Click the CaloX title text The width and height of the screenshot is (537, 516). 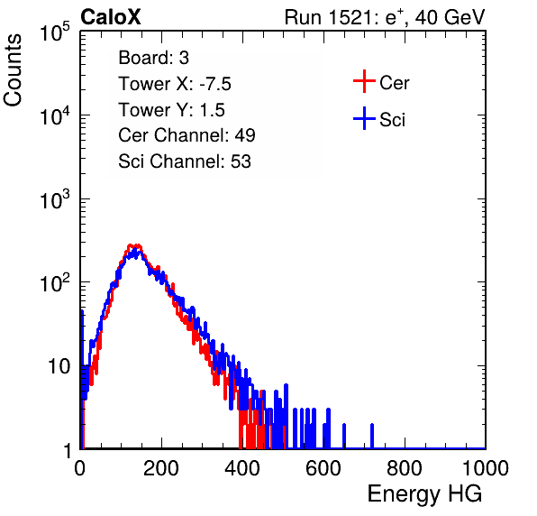coord(110,17)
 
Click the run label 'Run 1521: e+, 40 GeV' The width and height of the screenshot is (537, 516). coord(385,17)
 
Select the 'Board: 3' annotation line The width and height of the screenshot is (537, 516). coord(153,58)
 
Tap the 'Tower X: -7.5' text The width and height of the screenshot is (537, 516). coord(175,84)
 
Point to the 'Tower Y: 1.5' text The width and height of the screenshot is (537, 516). coord(171,110)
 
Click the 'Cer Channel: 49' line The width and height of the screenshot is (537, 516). coord(187,135)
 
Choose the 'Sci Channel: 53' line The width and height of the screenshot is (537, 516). coord(185,161)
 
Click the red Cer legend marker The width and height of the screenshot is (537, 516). coord(364,81)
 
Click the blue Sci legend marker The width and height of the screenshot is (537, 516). coord(364,118)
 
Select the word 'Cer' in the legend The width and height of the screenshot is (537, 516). coord(394,83)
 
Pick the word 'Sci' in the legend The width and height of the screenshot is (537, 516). coord(392,120)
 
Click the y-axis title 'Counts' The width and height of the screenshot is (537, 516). coord(13,70)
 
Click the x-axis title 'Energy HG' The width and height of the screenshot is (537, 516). coord(424,493)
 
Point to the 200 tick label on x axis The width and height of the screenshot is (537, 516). coord(161,468)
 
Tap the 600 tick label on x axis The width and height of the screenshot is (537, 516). coord(323,468)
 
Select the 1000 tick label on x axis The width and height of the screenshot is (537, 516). coord(486,468)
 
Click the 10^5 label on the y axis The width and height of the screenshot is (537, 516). coord(55,32)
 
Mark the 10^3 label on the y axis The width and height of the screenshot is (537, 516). coord(55,200)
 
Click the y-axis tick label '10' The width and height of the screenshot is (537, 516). coord(59,366)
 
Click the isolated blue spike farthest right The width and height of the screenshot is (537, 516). coord(372,436)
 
